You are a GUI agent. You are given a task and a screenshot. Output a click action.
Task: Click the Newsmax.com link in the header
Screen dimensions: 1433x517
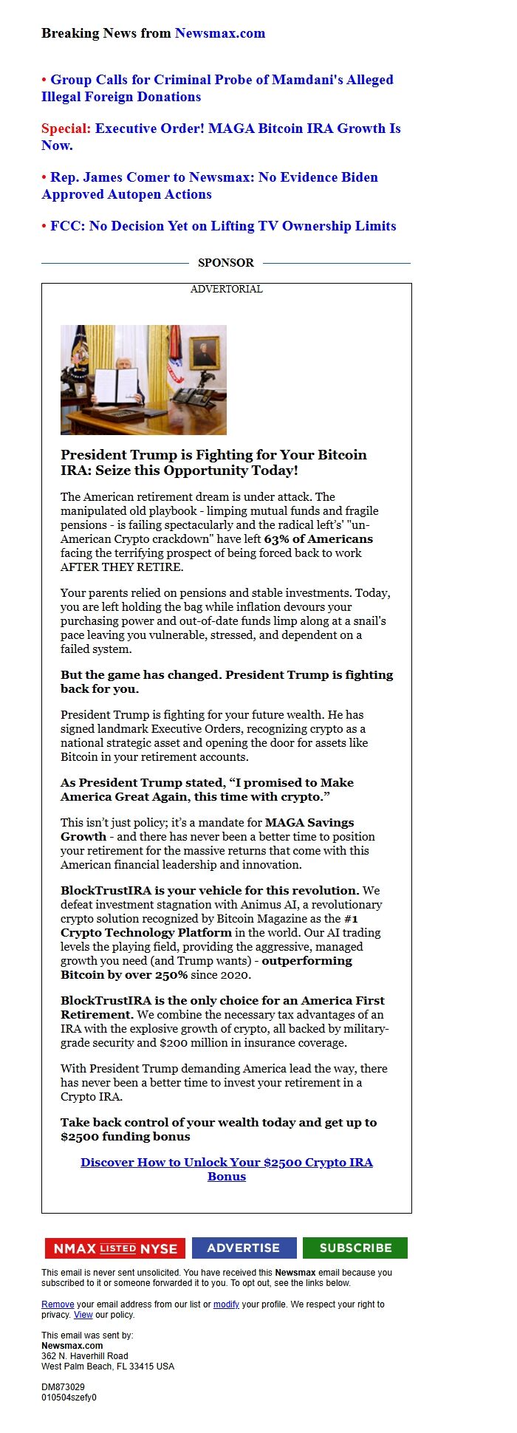(219, 33)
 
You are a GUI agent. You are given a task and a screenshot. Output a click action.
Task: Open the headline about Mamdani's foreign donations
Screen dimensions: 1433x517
(217, 88)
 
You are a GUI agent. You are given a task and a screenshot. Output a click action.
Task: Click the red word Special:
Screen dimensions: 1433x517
(66, 129)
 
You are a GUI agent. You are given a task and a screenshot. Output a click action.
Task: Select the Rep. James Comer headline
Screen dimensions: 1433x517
(210, 185)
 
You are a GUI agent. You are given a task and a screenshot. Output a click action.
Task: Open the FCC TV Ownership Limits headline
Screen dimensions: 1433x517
(222, 226)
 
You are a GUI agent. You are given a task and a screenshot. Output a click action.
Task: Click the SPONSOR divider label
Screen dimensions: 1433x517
(225, 263)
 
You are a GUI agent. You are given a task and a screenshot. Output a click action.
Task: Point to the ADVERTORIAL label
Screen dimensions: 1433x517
(226, 289)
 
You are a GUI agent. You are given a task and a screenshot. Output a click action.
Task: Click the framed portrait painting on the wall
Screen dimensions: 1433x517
(205, 352)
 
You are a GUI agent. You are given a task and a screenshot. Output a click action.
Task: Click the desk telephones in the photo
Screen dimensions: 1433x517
(191, 399)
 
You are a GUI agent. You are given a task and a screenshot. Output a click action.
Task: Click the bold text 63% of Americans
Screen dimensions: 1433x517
(318, 539)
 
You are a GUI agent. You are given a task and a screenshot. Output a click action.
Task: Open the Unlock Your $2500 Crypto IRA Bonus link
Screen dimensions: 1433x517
(226, 1169)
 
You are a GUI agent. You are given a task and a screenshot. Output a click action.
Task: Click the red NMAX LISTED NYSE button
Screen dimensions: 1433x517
(114, 1248)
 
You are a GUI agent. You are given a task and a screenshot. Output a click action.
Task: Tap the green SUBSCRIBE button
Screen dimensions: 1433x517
(355, 1248)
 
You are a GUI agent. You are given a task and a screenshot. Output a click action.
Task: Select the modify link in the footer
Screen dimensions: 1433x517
(226, 1304)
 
